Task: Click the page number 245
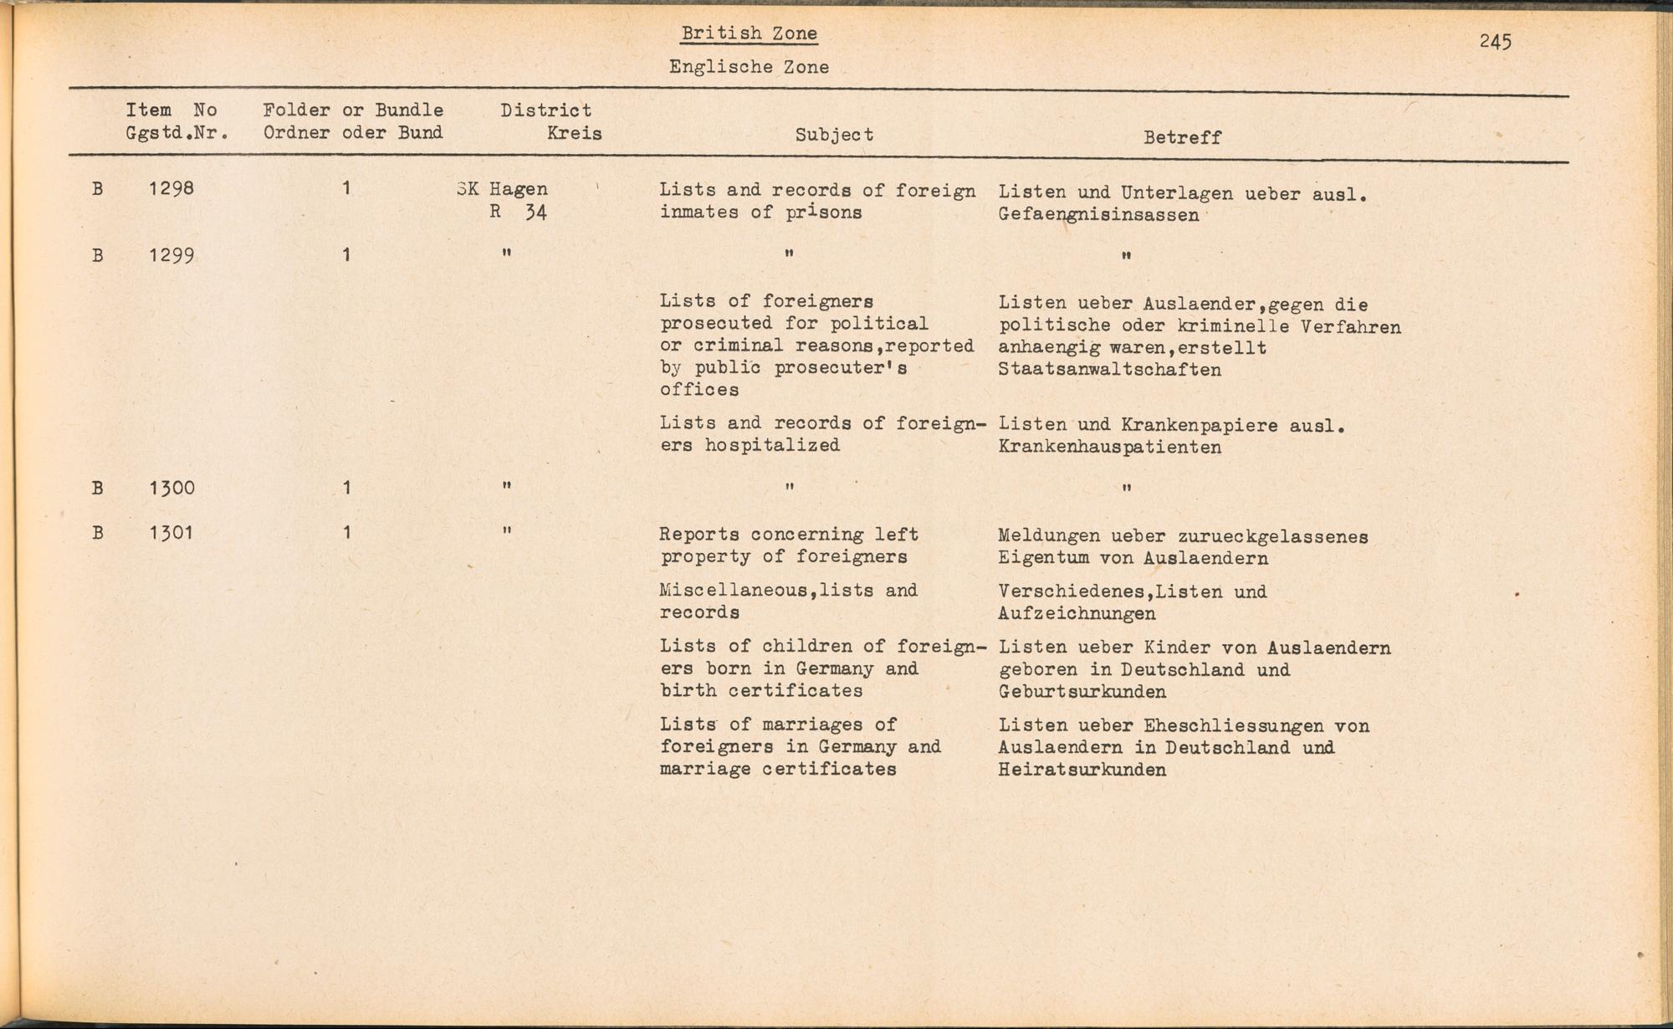pos(1495,41)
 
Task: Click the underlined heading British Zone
pos(749,33)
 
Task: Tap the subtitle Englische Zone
pos(749,67)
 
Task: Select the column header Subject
pos(834,135)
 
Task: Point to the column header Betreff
pos(1182,137)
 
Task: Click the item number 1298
pos(171,188)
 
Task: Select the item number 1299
pos(171,254)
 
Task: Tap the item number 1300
pos(171,488)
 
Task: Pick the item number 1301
pos(171,533)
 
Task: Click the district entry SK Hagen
pos(503,189)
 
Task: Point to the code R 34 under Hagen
pos(519,212)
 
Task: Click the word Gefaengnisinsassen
pos(1098,215)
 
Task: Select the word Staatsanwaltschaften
pos(1109,370)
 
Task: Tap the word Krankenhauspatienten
pos(1109,447)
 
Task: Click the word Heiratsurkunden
pos(1082,770)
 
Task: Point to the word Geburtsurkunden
pos(1082,692)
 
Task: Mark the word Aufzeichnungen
pos(1077,614)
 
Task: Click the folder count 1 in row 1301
pos(346,533)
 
